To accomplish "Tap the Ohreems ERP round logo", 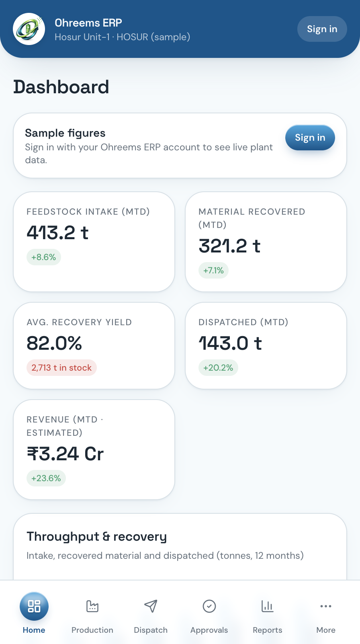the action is tap(29, 29).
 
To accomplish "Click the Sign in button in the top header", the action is tap(322, 29).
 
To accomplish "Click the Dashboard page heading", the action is tap(61, 87).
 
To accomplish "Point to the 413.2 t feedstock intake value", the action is tap(57, 233).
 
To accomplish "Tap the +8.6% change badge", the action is tap(44, 257).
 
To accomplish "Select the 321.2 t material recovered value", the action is tap(229, 246).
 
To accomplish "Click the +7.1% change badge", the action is tap(213, 270).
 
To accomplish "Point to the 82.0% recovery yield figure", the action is tap(54, 343).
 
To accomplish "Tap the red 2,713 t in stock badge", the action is tap(61, 367).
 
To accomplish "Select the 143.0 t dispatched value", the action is tap(230, 343).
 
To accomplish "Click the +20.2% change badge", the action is tap(218, 367).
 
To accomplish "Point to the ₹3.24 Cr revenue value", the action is tap(65, 454).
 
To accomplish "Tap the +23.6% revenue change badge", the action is tap(46, 478).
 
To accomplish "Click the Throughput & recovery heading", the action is tap(96, 537).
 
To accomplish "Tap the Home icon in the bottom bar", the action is tap(34, 606).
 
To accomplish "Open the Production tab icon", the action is tap(92, 606).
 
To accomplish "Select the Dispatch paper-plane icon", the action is tap(151, 606).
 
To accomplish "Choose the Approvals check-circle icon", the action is tap(209, 606).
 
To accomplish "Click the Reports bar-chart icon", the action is tap(268, 606).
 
